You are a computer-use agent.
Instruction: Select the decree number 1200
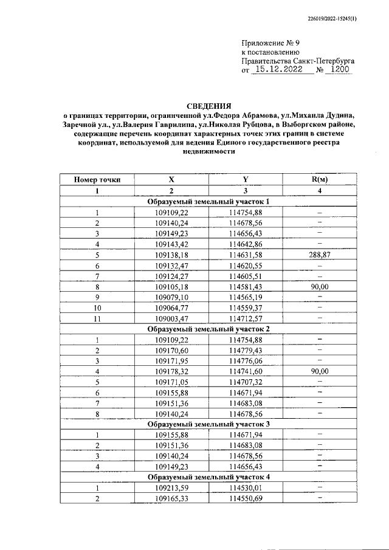(338, 70)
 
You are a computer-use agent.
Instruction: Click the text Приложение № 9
(270, 43)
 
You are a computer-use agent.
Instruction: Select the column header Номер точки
(97, 179)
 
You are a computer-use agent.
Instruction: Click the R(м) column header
(319, 179)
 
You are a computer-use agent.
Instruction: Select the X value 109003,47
(172, 318)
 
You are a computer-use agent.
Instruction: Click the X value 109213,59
(172, 487)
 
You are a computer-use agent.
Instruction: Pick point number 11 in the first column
(97, 318)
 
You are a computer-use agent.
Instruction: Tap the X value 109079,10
(172, 297)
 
